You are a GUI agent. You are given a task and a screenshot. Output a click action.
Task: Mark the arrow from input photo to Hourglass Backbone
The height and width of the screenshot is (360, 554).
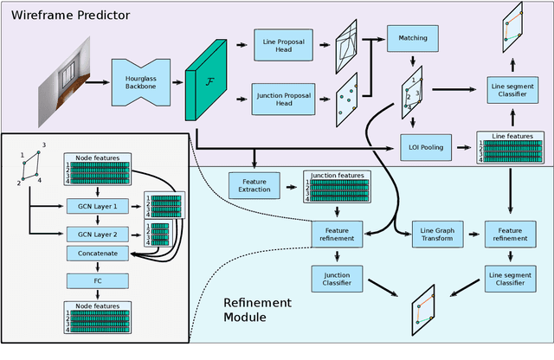[x=101, y=83]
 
